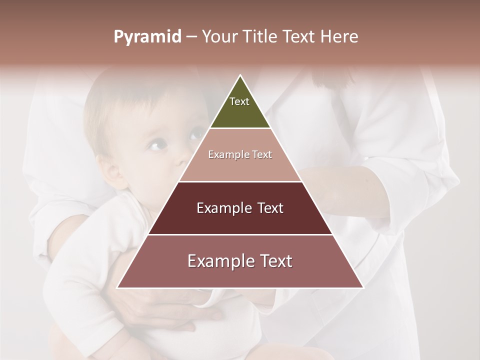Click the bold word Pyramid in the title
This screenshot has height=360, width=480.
[x=147, y=37]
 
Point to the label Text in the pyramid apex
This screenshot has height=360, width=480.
[x=239, y=101]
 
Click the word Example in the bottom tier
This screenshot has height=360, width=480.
[x=218, y=261]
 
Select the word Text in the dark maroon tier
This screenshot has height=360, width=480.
[x=268, y=208]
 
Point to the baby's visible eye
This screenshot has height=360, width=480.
[x=156, y=145]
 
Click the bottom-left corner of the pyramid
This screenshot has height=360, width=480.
[x=118, y=287]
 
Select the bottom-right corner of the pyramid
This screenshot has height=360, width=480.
[x=362, y=287]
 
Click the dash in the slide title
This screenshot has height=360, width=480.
[x=191, y=37]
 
